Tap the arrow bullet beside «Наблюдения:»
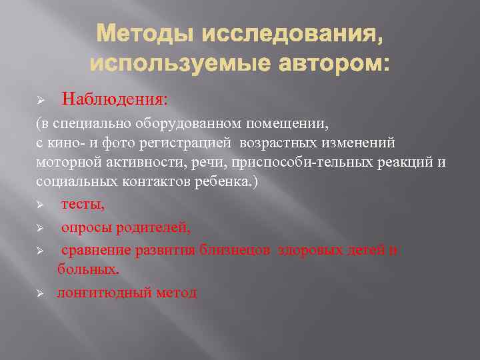tap(40, 100)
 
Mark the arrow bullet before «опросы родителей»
tap(40, 228)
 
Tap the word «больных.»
tap(89, 270)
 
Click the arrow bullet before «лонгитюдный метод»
tap(40, 293)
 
